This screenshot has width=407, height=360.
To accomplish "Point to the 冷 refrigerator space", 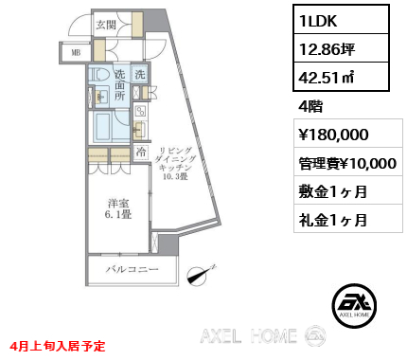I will pos(140,151).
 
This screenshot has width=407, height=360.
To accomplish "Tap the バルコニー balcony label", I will pos(132,273).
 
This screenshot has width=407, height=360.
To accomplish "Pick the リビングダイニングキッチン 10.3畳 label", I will pos(179,162).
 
